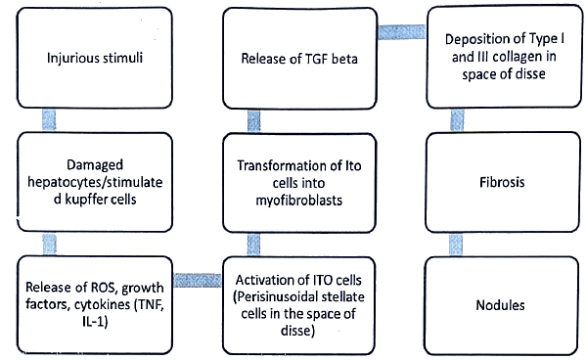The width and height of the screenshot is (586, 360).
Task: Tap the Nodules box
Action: [x=497, y=305]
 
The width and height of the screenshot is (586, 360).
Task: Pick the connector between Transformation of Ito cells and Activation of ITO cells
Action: [x=252, y=242]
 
